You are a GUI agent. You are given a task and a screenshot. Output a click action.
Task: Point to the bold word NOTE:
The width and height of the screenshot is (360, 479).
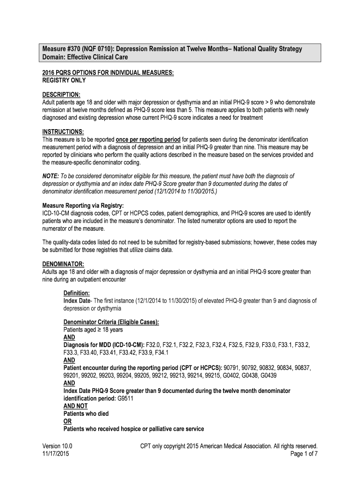[50, 176]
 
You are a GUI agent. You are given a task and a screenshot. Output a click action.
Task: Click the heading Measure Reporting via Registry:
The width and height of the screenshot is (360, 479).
[83, 205]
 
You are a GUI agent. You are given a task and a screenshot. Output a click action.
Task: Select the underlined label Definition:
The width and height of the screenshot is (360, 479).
[76, 293]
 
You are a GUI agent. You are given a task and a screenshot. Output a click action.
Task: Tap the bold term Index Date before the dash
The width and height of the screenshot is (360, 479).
[76, 301]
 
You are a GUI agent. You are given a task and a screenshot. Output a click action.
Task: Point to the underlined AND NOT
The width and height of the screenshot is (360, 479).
[75, 406]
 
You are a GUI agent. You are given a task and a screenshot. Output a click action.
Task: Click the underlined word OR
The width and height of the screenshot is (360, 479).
[67, 421]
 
